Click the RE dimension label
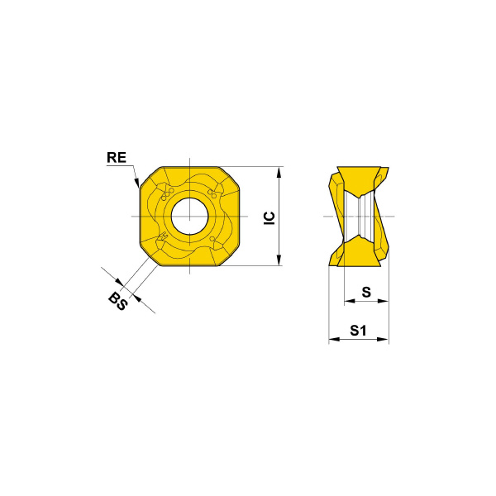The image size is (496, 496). (117, 158)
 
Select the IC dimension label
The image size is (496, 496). (269, 218)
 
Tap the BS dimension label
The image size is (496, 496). (118, 302)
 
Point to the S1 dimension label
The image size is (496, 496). (358, 331)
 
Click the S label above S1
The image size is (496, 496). (366, 293)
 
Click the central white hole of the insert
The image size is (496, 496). (189, 217)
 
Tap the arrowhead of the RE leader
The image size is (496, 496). (136, 183)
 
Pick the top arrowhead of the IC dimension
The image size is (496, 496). (279, 173)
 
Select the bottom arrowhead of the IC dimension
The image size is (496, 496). (279, 260)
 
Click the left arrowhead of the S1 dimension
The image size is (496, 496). (334, 340)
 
